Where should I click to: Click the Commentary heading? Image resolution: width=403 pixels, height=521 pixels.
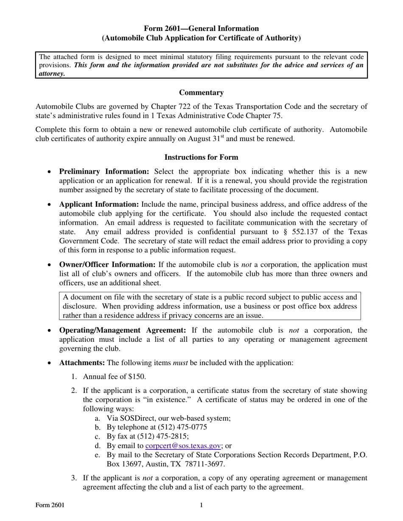pos(201,92)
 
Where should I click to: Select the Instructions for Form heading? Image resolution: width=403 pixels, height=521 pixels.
pos(201,157)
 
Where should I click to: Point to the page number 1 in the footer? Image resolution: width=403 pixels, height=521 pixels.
pos(201,505)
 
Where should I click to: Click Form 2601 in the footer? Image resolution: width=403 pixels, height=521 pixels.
pos(50,505)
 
